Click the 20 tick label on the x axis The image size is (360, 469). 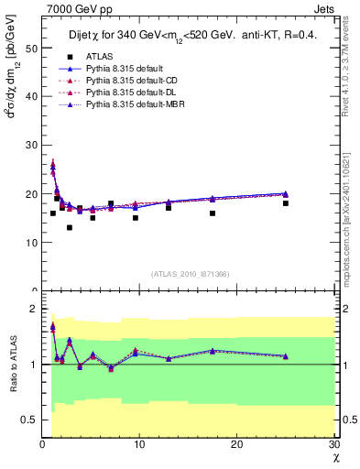[x=237, y=444]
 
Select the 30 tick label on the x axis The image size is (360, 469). [x=333, y=444]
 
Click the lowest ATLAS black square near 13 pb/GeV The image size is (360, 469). [x=70, y=228]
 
